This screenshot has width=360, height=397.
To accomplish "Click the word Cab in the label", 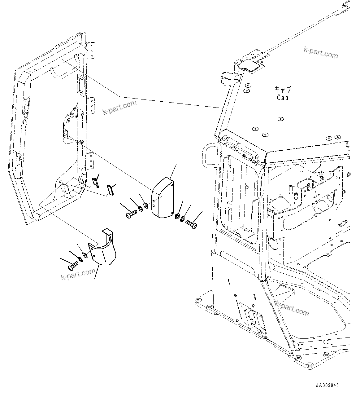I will (282, 97).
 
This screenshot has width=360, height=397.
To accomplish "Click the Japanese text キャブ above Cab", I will (282, 90).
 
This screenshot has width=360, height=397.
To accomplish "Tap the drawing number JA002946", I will (327, 385).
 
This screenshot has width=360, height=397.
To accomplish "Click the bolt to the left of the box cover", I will (132, 214).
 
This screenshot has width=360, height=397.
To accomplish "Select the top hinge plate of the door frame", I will (91, 50).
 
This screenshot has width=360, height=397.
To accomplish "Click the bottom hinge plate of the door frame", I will (90, 161).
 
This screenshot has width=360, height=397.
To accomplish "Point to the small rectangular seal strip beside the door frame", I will (110, 190).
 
